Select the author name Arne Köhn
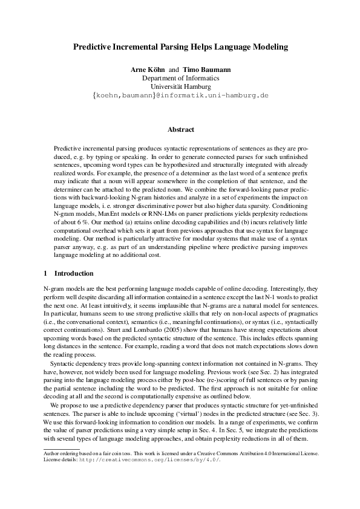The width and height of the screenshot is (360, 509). pyautogui.click(x=148, y=70)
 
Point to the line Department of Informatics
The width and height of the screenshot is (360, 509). pyautogui.click(x=180, y=79)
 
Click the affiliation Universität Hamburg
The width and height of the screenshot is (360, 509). pyautogui.click(x=180, y=87)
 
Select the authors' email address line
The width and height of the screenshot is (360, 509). pyautogui.click(x=180, y=96)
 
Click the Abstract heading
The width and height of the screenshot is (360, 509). pyautogui.click(x=180, y=129)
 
